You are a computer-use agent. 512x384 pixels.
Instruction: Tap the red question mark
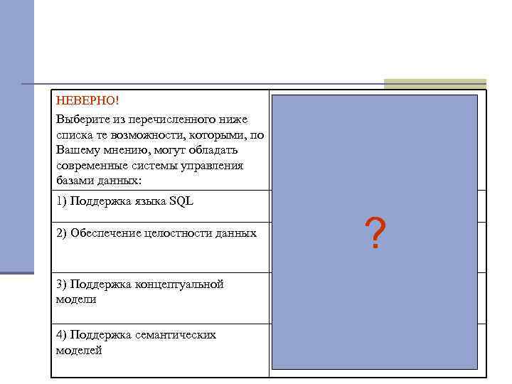pos(375,233)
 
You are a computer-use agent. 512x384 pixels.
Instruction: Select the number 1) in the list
pos(61,201)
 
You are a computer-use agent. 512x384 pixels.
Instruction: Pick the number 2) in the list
pos(61,233)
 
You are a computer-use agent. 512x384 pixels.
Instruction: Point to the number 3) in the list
pos(61,284)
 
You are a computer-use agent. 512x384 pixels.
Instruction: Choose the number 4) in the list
pos(61,334)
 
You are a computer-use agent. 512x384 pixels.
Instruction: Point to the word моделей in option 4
pos(79,350)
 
